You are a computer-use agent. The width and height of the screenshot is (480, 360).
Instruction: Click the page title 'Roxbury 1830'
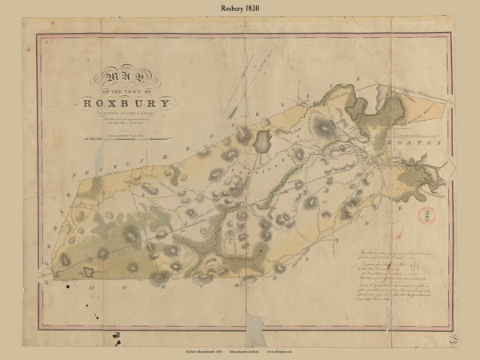coord(240,9)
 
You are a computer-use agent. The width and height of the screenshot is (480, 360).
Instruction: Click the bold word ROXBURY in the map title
coord(126,102)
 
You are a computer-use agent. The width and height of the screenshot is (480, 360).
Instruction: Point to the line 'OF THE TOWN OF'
coord(125,91)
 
